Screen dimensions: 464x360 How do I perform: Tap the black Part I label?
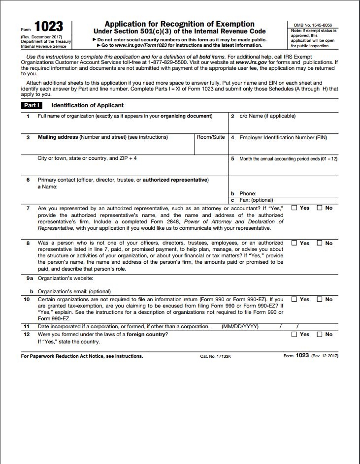(32, 105)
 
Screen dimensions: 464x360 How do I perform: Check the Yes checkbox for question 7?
(295, 208)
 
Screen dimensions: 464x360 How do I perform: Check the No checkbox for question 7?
(319, 208)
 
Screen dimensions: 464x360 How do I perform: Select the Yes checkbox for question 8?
(295, 243)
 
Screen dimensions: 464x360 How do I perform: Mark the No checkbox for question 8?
(319, 243)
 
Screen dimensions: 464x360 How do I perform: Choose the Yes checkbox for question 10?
(295, 299)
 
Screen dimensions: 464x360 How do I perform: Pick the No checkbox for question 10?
(319, 299)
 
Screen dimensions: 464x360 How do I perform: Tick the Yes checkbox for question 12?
(295, 335)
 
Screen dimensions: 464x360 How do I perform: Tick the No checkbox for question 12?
(319, 335)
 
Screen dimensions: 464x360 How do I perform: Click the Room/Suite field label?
(211, 137)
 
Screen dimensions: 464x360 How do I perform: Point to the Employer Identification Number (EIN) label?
(283, 138)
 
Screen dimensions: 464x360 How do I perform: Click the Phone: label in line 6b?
(248, 194)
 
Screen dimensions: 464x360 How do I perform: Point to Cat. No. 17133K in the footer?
(217, 356)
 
